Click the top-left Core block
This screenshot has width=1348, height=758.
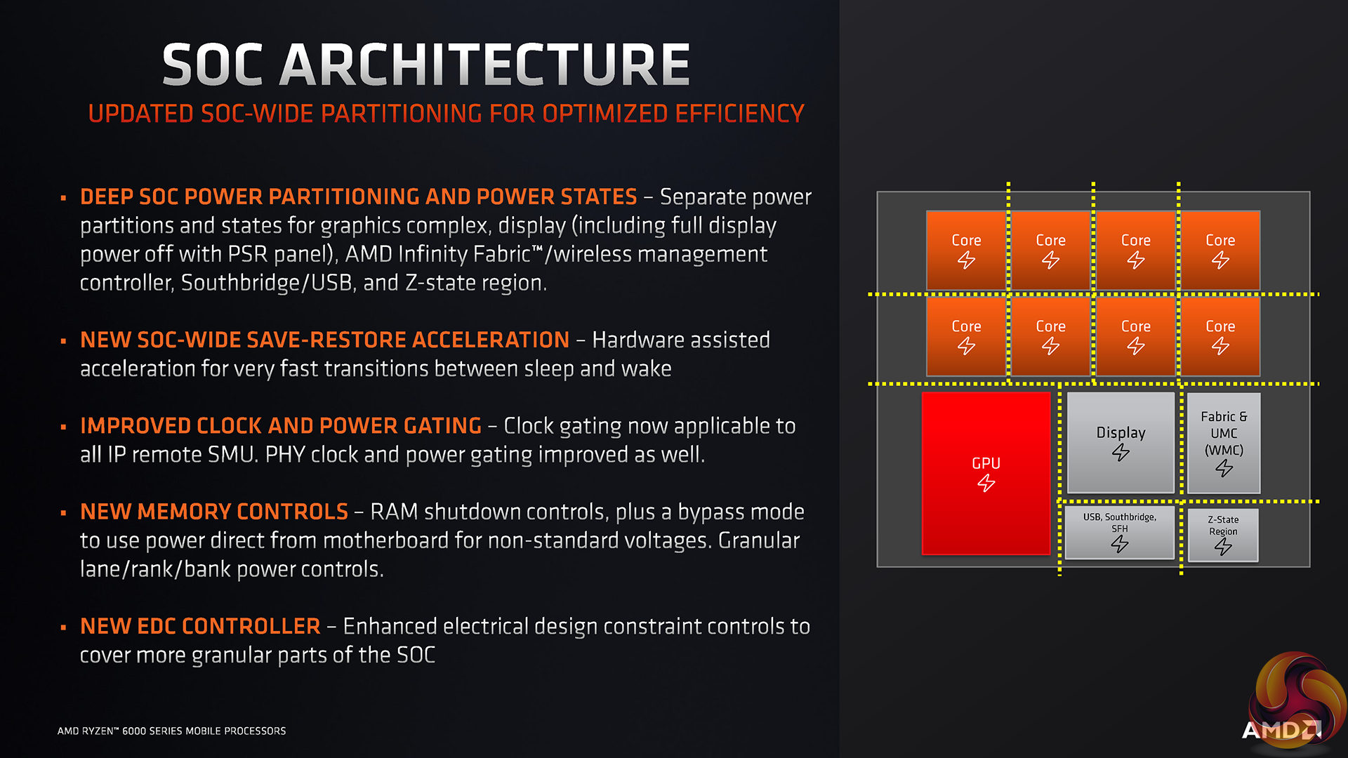(966, 249)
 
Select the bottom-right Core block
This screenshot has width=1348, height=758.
(1220, 335)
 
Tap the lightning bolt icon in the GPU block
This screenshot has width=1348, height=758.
(986, 483)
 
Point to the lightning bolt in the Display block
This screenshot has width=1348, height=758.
(1121, 453)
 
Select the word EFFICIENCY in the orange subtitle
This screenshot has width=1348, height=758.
(739, 114)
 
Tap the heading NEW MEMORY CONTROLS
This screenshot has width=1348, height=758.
(214, 512)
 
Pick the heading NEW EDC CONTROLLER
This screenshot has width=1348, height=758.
(200, 626)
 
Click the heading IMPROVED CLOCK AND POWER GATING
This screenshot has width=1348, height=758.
(281, 426)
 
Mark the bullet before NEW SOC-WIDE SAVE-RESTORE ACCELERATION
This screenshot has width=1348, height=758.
(63, 341)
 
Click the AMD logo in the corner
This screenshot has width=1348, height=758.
(1281, 730)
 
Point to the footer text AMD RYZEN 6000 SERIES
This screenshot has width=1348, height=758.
(171, 731)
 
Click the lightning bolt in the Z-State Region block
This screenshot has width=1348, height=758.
(1223, 547)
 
